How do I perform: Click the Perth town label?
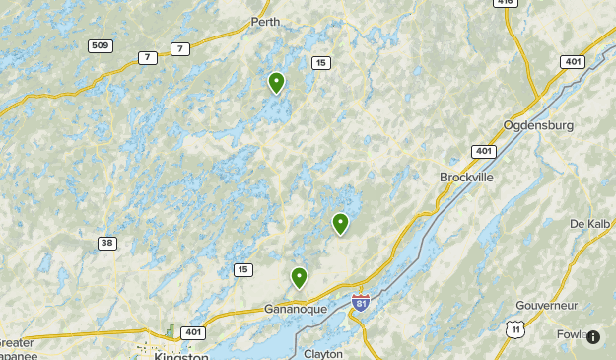(x=265, y=22)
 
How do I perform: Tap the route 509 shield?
(x=100, y=46)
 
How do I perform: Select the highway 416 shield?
(x=506, y=3)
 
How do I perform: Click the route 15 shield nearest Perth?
(x=320, y=63)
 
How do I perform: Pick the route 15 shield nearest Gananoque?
(x=243, y=269)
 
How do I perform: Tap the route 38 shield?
(x=107, y=243)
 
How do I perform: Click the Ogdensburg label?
(x=538, y=125)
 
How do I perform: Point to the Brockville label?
(x=466, y=178)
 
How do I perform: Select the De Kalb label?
(x=591, y=224)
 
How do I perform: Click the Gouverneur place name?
(x=544, y=306)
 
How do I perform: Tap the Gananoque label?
(x=296, y=309)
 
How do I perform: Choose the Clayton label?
(x=323, y=353)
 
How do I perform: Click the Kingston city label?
(x=181, y=356)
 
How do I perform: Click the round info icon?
(x=593, y=337)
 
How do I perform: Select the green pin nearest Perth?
(x=277, y=82)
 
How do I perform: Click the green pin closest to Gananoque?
(x=299, y=277)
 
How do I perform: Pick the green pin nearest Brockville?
(x=341, y=223)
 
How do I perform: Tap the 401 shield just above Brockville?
(x=483, y=152)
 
